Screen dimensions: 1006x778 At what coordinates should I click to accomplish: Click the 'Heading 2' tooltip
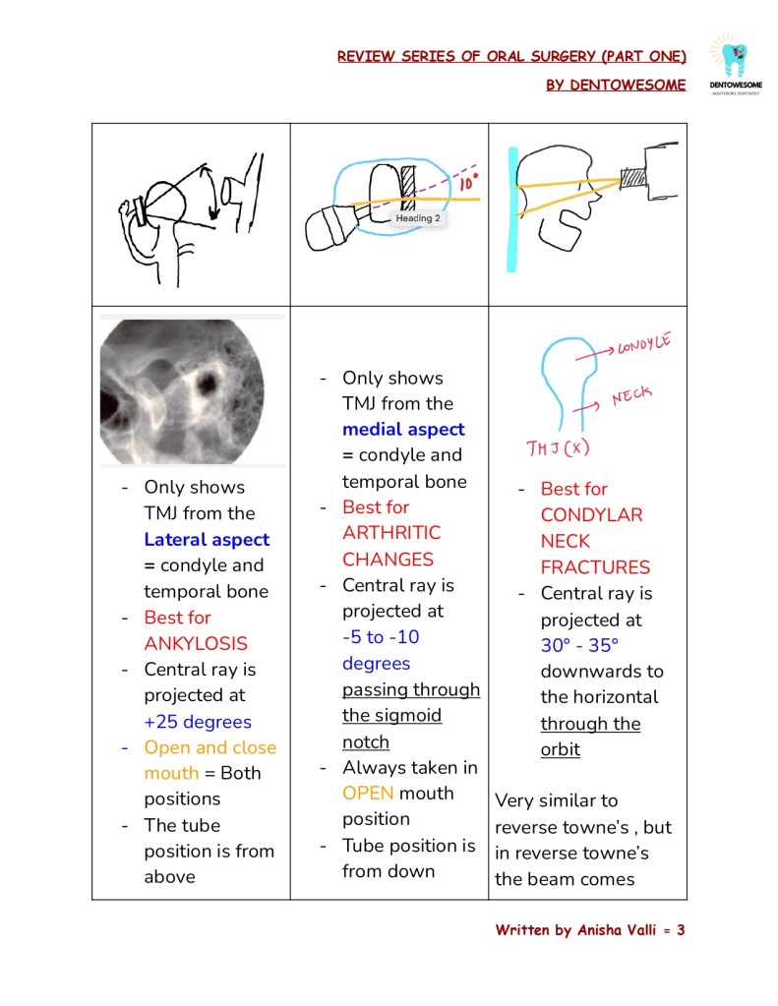(x=418, y=218)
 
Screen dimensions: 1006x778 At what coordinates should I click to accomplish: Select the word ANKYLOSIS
(x=196, y=644)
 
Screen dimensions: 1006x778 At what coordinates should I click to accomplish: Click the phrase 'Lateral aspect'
(x=207, y=540)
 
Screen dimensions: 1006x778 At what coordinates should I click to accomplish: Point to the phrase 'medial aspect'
(x=403, y=430)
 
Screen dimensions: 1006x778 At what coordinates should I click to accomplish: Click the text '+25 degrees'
(x=198, y=722)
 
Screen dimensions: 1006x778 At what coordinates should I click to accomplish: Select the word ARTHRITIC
(x=391, y=533)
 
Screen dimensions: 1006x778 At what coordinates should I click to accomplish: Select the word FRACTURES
(x=595, y=567)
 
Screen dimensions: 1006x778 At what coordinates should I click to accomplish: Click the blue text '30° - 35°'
(x=579, y=646)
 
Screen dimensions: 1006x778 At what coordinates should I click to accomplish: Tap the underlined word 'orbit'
(x=560, y=749)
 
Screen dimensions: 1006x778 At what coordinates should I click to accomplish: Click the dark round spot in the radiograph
(x=207, y=381)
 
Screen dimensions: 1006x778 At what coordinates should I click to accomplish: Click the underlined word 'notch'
(x=365, y=742)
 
